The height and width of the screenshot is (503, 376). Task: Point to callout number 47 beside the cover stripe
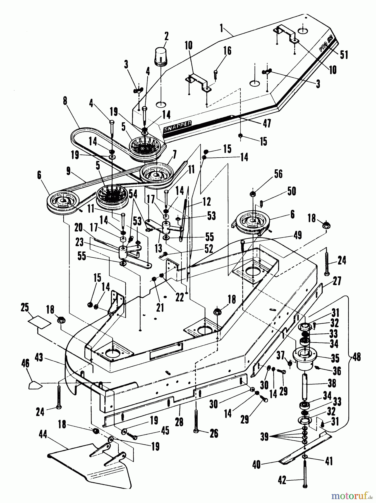pyautogui.click(x=267, y=123)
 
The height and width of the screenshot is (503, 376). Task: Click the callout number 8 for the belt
pyautogui.click(x=65, y=101)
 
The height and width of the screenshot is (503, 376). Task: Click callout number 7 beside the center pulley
pyautogui.click(x=174, y=153)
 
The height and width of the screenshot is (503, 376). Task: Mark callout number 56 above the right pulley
pyautogui.click(x=278, y=174)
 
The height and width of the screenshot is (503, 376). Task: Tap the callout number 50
pyautogui.click(x=291, y=191)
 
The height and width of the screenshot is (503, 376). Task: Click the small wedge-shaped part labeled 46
pyautogui.click(x=35, y=385)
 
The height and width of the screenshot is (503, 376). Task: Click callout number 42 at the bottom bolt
pyautogui.click(x=282, y=480)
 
